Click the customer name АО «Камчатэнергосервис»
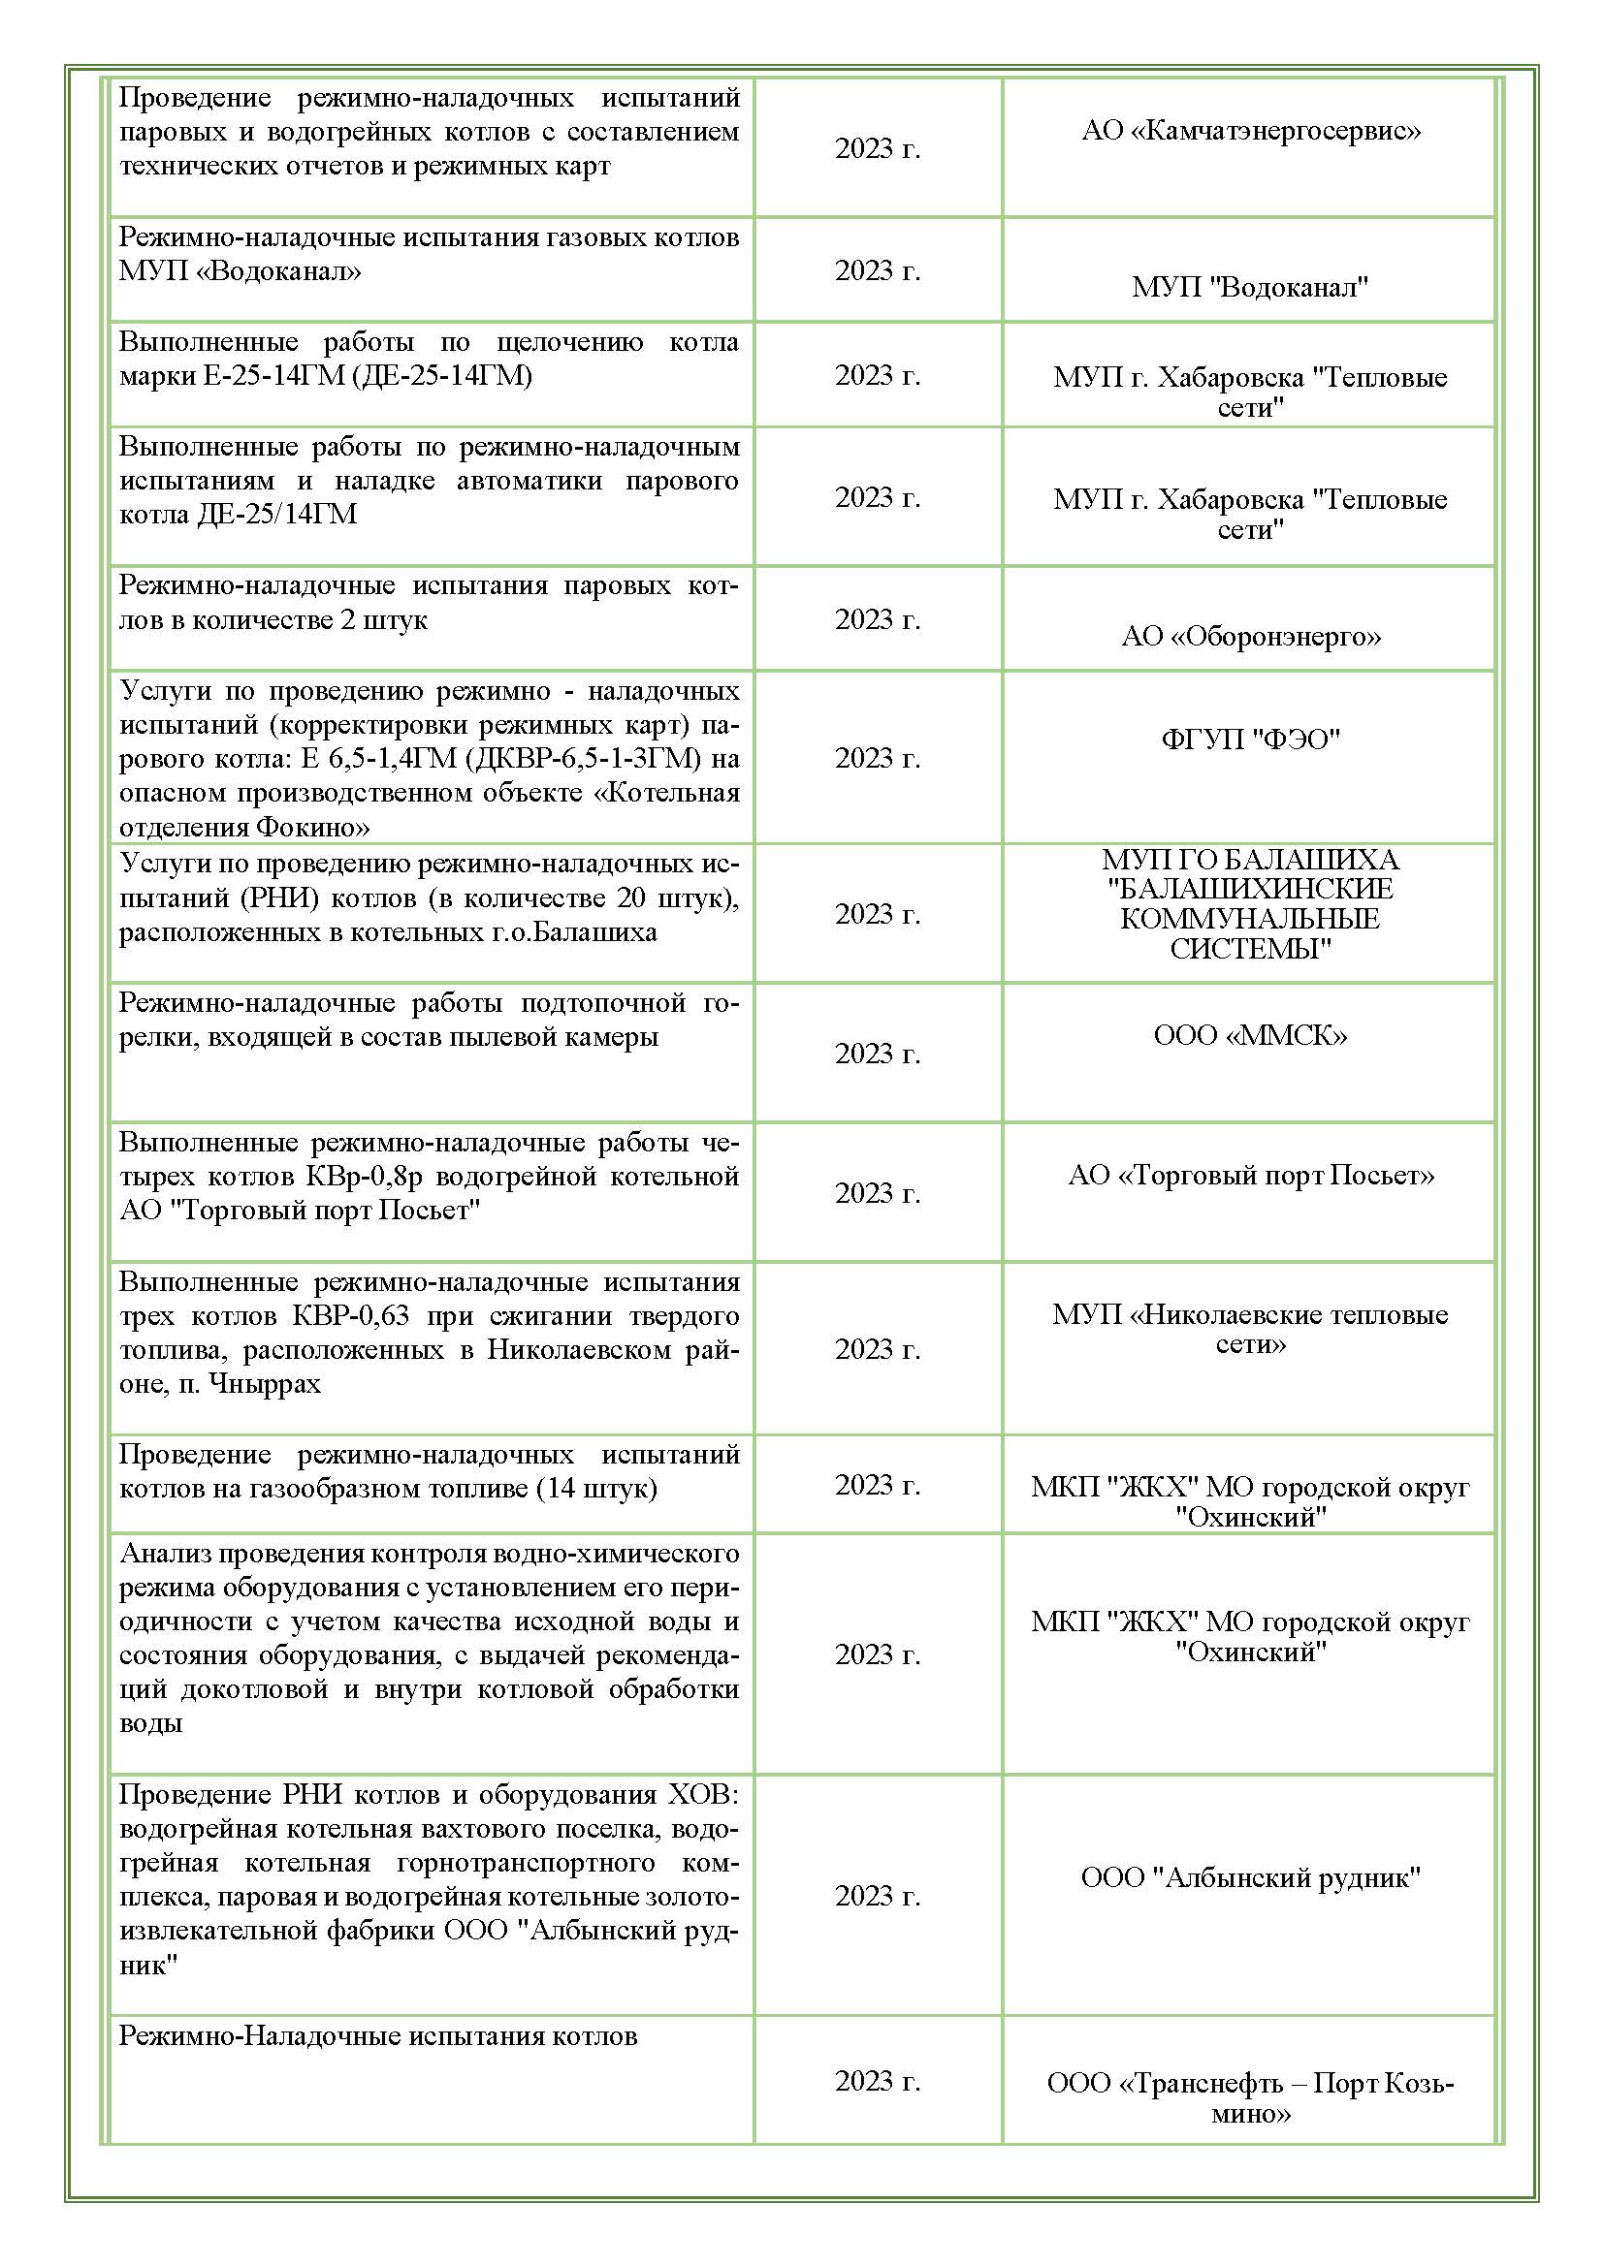pos(1250,130)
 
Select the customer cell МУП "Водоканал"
pos(1249,287)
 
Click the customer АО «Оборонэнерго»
pos(1250,637)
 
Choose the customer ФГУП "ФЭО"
pos(1250,740)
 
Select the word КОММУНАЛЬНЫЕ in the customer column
pos(1249,919)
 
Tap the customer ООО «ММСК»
pos(1250,1036)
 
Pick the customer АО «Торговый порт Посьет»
pos(1250,1175)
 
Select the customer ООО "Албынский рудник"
pos(1250,1878)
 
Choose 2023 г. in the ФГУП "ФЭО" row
pos(877,758)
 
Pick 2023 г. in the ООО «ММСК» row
pos(877,1055)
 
